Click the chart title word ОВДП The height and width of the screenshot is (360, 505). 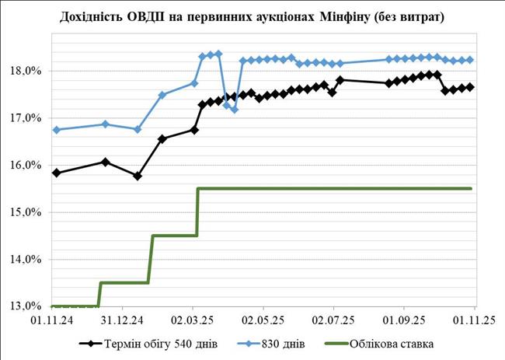pos(152,16)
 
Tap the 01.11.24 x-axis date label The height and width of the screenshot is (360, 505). pos(52,320)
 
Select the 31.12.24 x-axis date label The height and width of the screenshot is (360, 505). pos(122,320)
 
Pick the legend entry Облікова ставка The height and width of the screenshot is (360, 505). pos(392,342)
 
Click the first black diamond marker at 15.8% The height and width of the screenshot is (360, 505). pos(57,173)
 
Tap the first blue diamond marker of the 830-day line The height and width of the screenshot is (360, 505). pos(57,130)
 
